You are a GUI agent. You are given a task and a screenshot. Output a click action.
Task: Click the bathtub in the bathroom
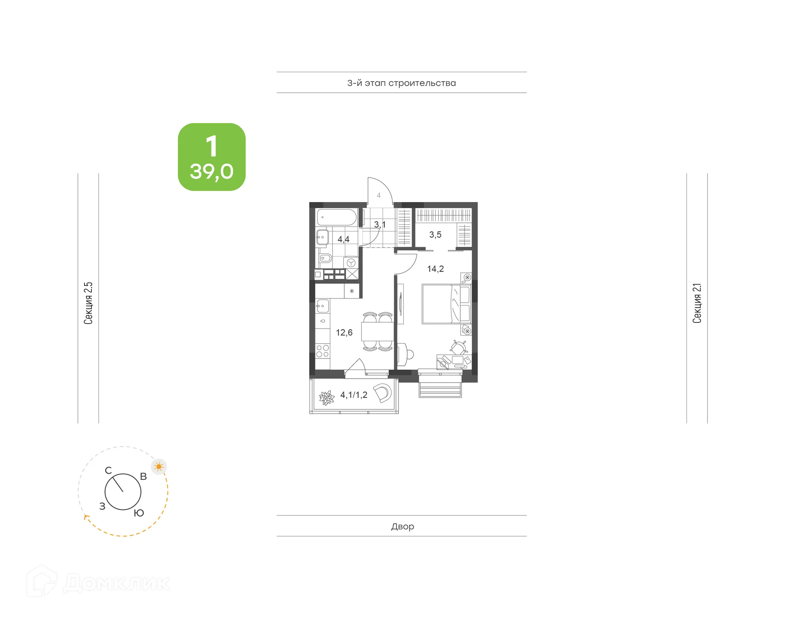coord(337,217)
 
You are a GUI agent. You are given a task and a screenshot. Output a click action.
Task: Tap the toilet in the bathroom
coord(325,259)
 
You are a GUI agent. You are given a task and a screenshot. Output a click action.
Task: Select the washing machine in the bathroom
coord(351,262)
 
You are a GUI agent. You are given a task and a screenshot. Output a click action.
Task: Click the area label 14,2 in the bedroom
coord(435,269)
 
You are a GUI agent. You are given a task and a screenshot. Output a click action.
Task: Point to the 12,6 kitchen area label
coord(344,333)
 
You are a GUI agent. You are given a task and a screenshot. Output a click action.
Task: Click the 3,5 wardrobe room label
coord(435,235)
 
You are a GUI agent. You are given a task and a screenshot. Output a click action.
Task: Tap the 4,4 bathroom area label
coord(343,239)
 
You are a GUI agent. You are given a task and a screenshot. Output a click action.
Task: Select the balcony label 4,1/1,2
coord(354,395)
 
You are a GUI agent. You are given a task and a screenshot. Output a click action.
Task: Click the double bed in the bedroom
coord(446,304)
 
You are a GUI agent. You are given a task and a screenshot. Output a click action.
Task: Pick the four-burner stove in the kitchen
coord(323,351)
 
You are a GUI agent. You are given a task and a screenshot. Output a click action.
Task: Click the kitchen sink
coord(323,306)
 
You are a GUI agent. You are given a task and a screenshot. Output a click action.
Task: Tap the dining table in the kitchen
coord(377,332)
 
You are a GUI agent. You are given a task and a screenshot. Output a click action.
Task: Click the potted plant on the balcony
coord(327,398)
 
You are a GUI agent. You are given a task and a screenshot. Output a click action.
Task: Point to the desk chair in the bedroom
coord(459,347)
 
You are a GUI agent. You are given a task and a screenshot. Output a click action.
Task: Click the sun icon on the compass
coord(159,467)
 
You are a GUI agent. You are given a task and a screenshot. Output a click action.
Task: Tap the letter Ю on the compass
coord(139,513)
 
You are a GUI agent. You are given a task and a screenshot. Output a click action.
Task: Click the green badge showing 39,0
coord(212,157)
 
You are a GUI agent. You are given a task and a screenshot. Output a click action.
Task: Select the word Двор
coord(402,527)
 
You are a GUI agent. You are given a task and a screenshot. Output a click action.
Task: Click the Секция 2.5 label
coord(89,303)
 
